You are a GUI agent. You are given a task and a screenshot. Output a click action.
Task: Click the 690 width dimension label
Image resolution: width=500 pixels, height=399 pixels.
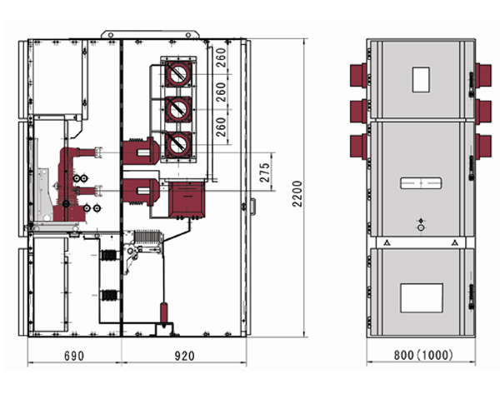(74, 356)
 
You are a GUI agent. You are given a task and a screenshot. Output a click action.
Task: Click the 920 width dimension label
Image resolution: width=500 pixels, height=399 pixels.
(185, 356)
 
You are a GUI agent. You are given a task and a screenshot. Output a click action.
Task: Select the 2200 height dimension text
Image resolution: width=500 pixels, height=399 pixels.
(297, 194)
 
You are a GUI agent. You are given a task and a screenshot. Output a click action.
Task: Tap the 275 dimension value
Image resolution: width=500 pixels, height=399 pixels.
(265, 172)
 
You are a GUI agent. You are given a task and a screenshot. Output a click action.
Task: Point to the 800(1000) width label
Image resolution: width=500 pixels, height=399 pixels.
(423, 355)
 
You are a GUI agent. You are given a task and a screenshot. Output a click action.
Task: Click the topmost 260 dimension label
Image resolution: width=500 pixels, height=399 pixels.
(221, 57)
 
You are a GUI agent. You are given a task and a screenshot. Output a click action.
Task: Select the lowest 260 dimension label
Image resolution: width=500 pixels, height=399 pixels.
(221, 127)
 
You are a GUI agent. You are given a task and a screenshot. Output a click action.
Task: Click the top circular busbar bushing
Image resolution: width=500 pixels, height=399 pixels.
(178, 75)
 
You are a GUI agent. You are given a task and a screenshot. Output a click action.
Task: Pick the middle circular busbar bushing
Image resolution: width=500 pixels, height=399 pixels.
(178, 109)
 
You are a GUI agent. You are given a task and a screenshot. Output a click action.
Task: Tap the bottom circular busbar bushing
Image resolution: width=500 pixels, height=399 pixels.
(178, 145)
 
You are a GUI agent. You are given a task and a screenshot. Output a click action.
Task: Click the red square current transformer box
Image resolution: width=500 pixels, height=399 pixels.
(187, 200)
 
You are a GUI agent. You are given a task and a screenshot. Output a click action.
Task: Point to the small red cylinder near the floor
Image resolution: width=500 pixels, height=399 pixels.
(163, 312)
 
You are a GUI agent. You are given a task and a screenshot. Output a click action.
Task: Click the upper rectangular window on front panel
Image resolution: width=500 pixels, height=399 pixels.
(421, 79)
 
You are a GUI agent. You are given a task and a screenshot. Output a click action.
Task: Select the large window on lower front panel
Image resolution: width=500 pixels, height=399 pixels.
(422, 298)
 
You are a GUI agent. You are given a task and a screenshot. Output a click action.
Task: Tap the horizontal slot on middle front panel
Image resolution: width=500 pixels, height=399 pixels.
(421, 183)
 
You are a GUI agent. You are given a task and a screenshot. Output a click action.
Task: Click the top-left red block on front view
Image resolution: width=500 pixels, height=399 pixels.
(358, 75)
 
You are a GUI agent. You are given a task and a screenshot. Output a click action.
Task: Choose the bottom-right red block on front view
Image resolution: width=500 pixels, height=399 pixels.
(483, 146)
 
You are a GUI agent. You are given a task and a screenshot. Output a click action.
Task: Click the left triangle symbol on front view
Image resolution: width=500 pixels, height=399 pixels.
(387, 242)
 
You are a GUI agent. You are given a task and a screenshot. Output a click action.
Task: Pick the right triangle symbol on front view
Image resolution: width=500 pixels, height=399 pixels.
(455, 242)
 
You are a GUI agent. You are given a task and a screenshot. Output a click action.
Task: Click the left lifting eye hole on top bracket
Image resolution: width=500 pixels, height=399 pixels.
(110, 35)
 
